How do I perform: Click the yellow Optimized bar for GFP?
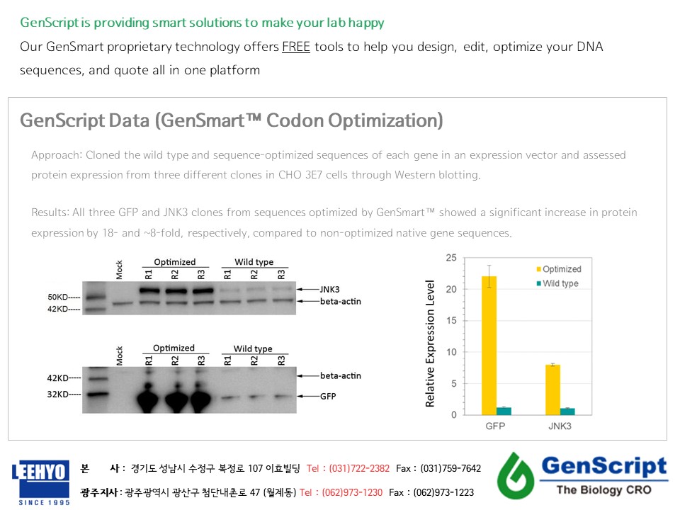coord(489,346)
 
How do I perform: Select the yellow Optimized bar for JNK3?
coord(553,390)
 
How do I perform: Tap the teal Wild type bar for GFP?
coord(504,411)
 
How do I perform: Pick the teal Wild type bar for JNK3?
coord(567,412)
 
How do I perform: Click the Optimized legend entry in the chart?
coord(559,269)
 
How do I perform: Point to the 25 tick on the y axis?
coord(451,258)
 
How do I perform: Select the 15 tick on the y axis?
coord(451,320)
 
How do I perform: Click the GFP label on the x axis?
coord(495,426)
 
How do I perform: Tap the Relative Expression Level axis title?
coord(430,344)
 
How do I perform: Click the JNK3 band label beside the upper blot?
coord(329,289)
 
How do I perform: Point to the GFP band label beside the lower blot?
coord(328,396)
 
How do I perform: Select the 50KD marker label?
coord(57,297)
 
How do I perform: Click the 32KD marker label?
coord(57,395)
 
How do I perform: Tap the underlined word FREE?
coord(296,47)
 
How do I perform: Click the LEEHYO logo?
coord(40,482)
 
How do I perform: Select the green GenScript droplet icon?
coord(516,476)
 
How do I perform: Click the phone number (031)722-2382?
coord(359,468)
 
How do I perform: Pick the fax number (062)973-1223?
coord(443,493)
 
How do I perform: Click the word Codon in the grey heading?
coord(295,120)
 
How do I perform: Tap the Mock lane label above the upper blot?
coord(119,270)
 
